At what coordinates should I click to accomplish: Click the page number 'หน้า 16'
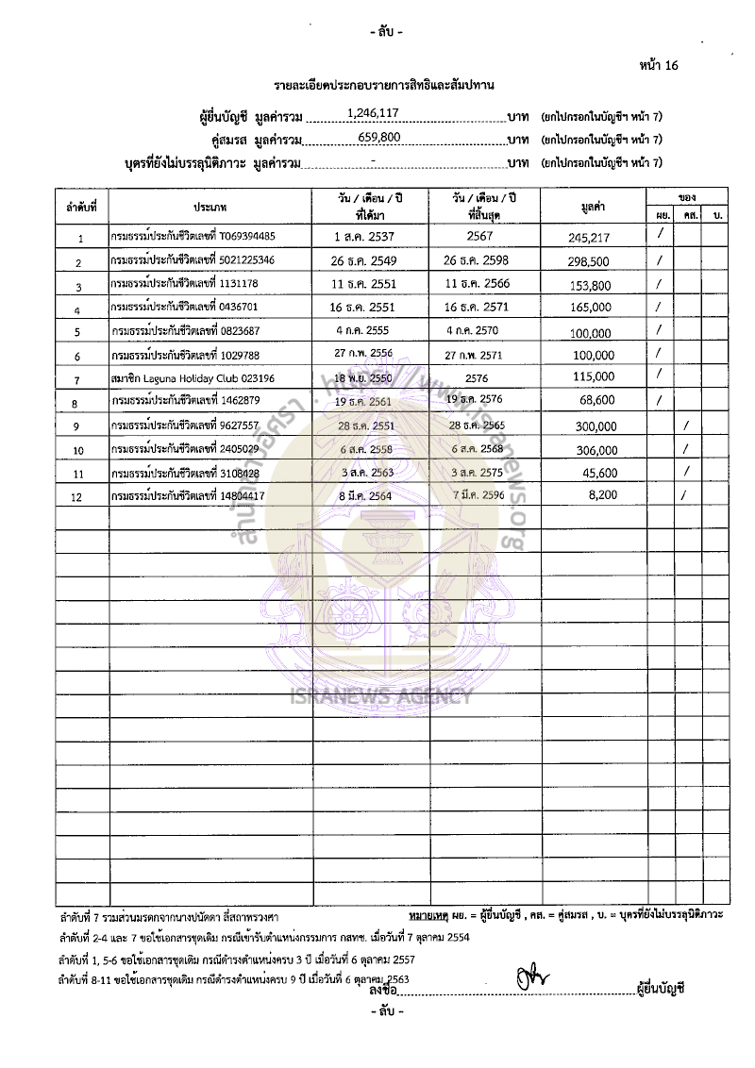click(x=658, y=65)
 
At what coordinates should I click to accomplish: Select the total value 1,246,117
click(x=374, y=113)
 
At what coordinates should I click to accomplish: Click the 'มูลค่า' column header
click(x=593, y=207)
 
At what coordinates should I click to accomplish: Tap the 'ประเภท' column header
click(x=210, y=206)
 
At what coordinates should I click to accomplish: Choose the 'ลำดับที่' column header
click(x=81, y=206)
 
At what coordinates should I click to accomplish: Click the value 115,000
click(x=592, y=376)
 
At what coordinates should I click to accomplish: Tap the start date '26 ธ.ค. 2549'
click(x=370, y=259)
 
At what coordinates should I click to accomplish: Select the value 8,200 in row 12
click(x=600, y=494)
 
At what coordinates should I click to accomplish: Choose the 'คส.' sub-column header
click(x=690, y=216)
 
